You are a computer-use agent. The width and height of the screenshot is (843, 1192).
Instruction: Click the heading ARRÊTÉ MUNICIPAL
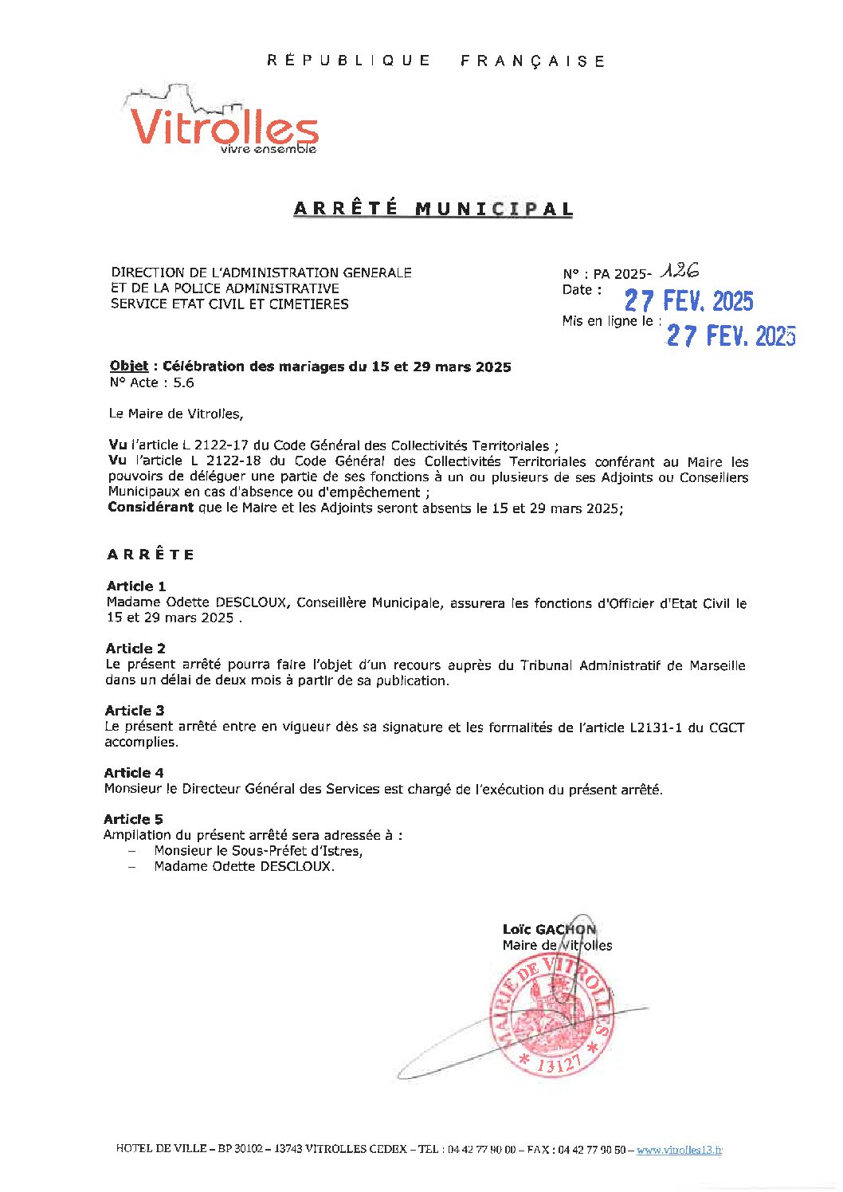(433, 209)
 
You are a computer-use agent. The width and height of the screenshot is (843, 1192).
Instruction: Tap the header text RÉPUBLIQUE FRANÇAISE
(436, 61)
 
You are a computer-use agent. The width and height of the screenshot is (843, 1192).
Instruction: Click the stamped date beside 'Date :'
(688, 301)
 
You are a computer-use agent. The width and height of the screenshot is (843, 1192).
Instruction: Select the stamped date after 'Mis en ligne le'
(731, 335)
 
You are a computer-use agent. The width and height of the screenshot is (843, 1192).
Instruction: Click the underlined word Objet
(128, 367)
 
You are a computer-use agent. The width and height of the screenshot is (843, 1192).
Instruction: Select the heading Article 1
(136, 586)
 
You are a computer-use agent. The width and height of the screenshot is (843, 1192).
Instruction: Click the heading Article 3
(135, 711)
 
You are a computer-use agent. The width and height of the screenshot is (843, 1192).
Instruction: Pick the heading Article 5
(133, 819)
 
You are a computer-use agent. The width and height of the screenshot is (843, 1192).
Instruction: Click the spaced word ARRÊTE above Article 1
(151, 555)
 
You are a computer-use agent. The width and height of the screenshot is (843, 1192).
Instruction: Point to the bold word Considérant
(151, 508)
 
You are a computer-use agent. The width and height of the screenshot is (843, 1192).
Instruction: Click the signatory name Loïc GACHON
(549, 929)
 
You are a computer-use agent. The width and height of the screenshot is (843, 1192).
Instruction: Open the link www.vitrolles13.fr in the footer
(679, 1150)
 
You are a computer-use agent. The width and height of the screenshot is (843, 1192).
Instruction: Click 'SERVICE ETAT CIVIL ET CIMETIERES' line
(229, 304)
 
